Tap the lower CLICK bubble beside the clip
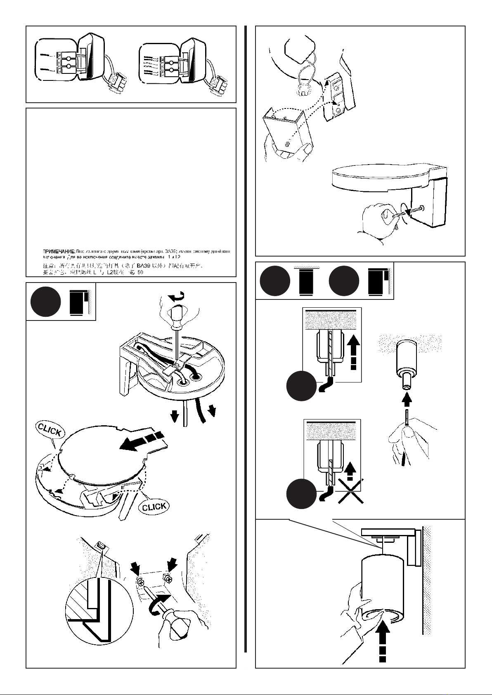coord(154,507)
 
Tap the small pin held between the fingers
coord(407,417)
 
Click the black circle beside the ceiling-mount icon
coord(275,280)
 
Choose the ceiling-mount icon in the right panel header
coord(306,280)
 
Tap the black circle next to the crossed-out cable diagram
coord(301,494)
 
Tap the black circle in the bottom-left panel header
coord(45,302)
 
